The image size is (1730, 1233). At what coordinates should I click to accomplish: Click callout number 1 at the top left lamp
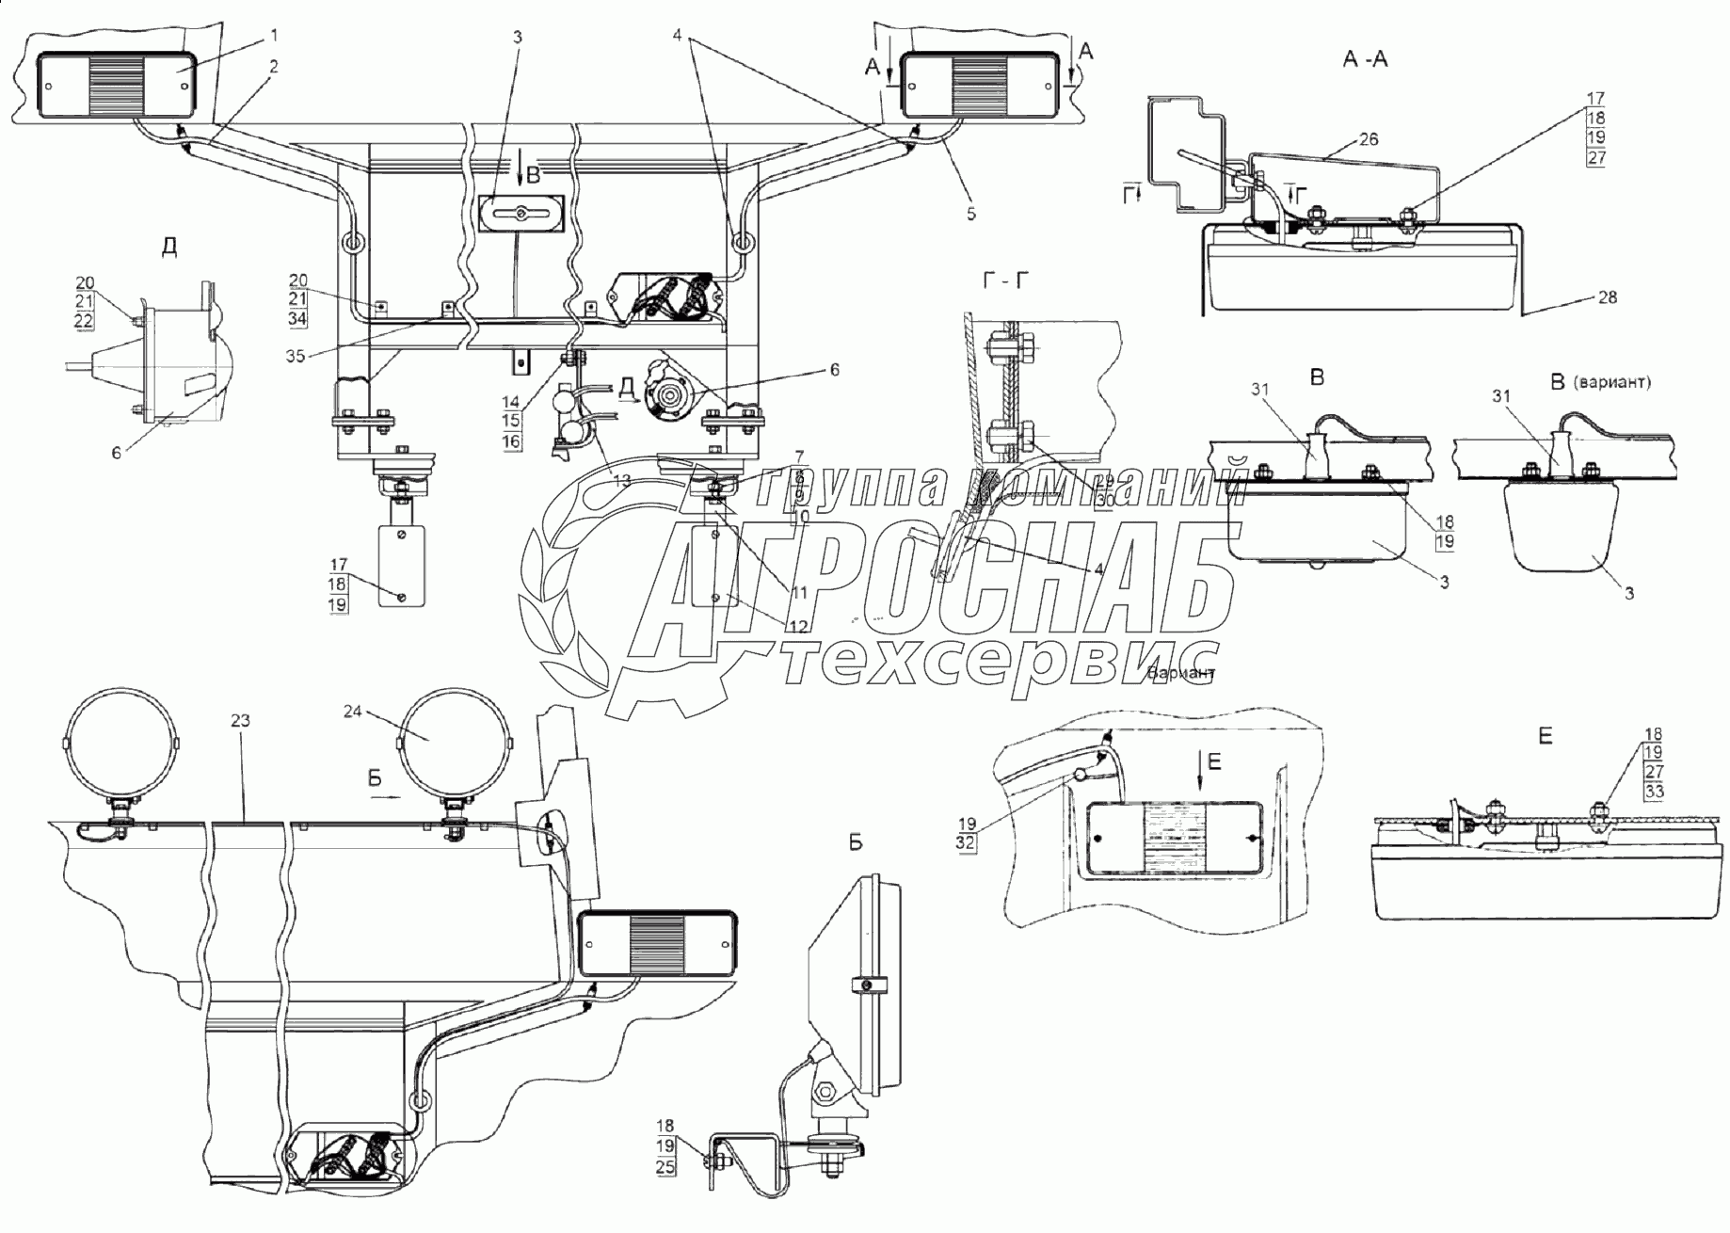coord(274,35)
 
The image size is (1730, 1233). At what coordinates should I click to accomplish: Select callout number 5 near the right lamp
coord(970,215)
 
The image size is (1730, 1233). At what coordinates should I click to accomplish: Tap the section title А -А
coord(1366,59)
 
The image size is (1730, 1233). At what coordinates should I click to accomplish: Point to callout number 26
coord(1369,139)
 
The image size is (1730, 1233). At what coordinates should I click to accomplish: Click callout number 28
coord(1607,297)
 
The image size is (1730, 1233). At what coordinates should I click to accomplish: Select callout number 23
coord(241,721)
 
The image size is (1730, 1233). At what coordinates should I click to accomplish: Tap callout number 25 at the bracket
coord(665,1168)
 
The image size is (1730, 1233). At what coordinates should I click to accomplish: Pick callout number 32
coord(967,843)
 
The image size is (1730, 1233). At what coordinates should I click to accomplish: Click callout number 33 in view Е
coord(1654,792)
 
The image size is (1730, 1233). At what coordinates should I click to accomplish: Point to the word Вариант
coord(1182,674)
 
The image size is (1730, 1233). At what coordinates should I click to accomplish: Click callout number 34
coord(298,318)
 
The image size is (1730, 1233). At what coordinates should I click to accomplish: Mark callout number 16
coord(511,441)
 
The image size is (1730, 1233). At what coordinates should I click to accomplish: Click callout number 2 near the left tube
coord(274,66)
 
